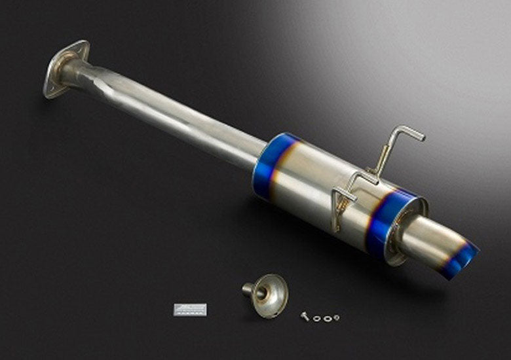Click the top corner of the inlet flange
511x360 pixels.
point(84,43)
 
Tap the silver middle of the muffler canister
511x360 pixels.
point(321,190)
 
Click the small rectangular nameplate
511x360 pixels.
point(190,309)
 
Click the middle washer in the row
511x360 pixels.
point(325,319)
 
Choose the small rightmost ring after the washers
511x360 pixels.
point(336,317)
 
